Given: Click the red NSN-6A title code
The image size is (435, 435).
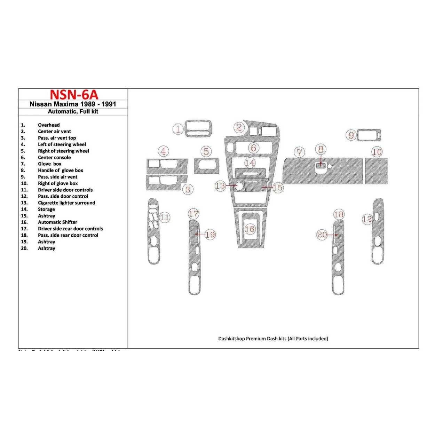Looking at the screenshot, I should (74, 95).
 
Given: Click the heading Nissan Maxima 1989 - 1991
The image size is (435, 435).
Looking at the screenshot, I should (73, 104).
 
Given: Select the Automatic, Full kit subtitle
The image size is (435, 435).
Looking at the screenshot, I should (73, 112).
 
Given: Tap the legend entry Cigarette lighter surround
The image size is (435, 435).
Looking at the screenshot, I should (66, 203).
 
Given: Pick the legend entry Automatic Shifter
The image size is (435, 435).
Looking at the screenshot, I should (57, 222).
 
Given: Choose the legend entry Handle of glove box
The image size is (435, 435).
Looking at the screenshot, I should (60, 171).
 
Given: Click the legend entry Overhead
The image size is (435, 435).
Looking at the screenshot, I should (49, 125).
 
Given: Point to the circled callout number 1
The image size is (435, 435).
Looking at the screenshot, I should (178, 129).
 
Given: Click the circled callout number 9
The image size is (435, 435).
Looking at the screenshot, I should (351, 135).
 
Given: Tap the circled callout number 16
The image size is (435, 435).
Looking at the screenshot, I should (250, 229).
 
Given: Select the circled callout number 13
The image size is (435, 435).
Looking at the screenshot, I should (220, 186).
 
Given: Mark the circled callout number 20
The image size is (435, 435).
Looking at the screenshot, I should (322, 235).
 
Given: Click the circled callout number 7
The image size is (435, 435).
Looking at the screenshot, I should (299, 152).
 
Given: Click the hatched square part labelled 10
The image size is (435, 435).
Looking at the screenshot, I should (376, 171).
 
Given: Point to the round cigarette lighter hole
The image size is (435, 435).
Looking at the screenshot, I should (239, 186).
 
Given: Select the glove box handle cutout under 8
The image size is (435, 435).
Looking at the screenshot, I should (321, 168).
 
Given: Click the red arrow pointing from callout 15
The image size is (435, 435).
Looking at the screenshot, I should (267, 188).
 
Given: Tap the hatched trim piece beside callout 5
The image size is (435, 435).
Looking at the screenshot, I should (206, 166).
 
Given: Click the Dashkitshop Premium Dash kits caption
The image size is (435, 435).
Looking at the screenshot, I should (273, 339).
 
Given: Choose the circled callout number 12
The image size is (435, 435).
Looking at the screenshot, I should (367, 219).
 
